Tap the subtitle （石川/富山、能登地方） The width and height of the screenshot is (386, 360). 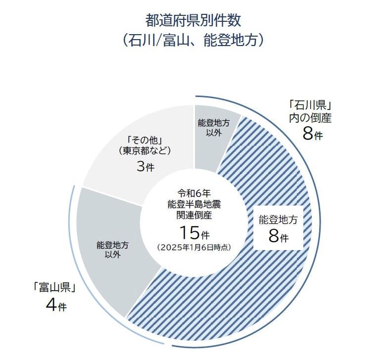click(x=193, y=40)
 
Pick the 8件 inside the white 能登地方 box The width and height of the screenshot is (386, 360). click(x=278, y=236)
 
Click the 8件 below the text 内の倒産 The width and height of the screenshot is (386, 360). click(x=311, y=134)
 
